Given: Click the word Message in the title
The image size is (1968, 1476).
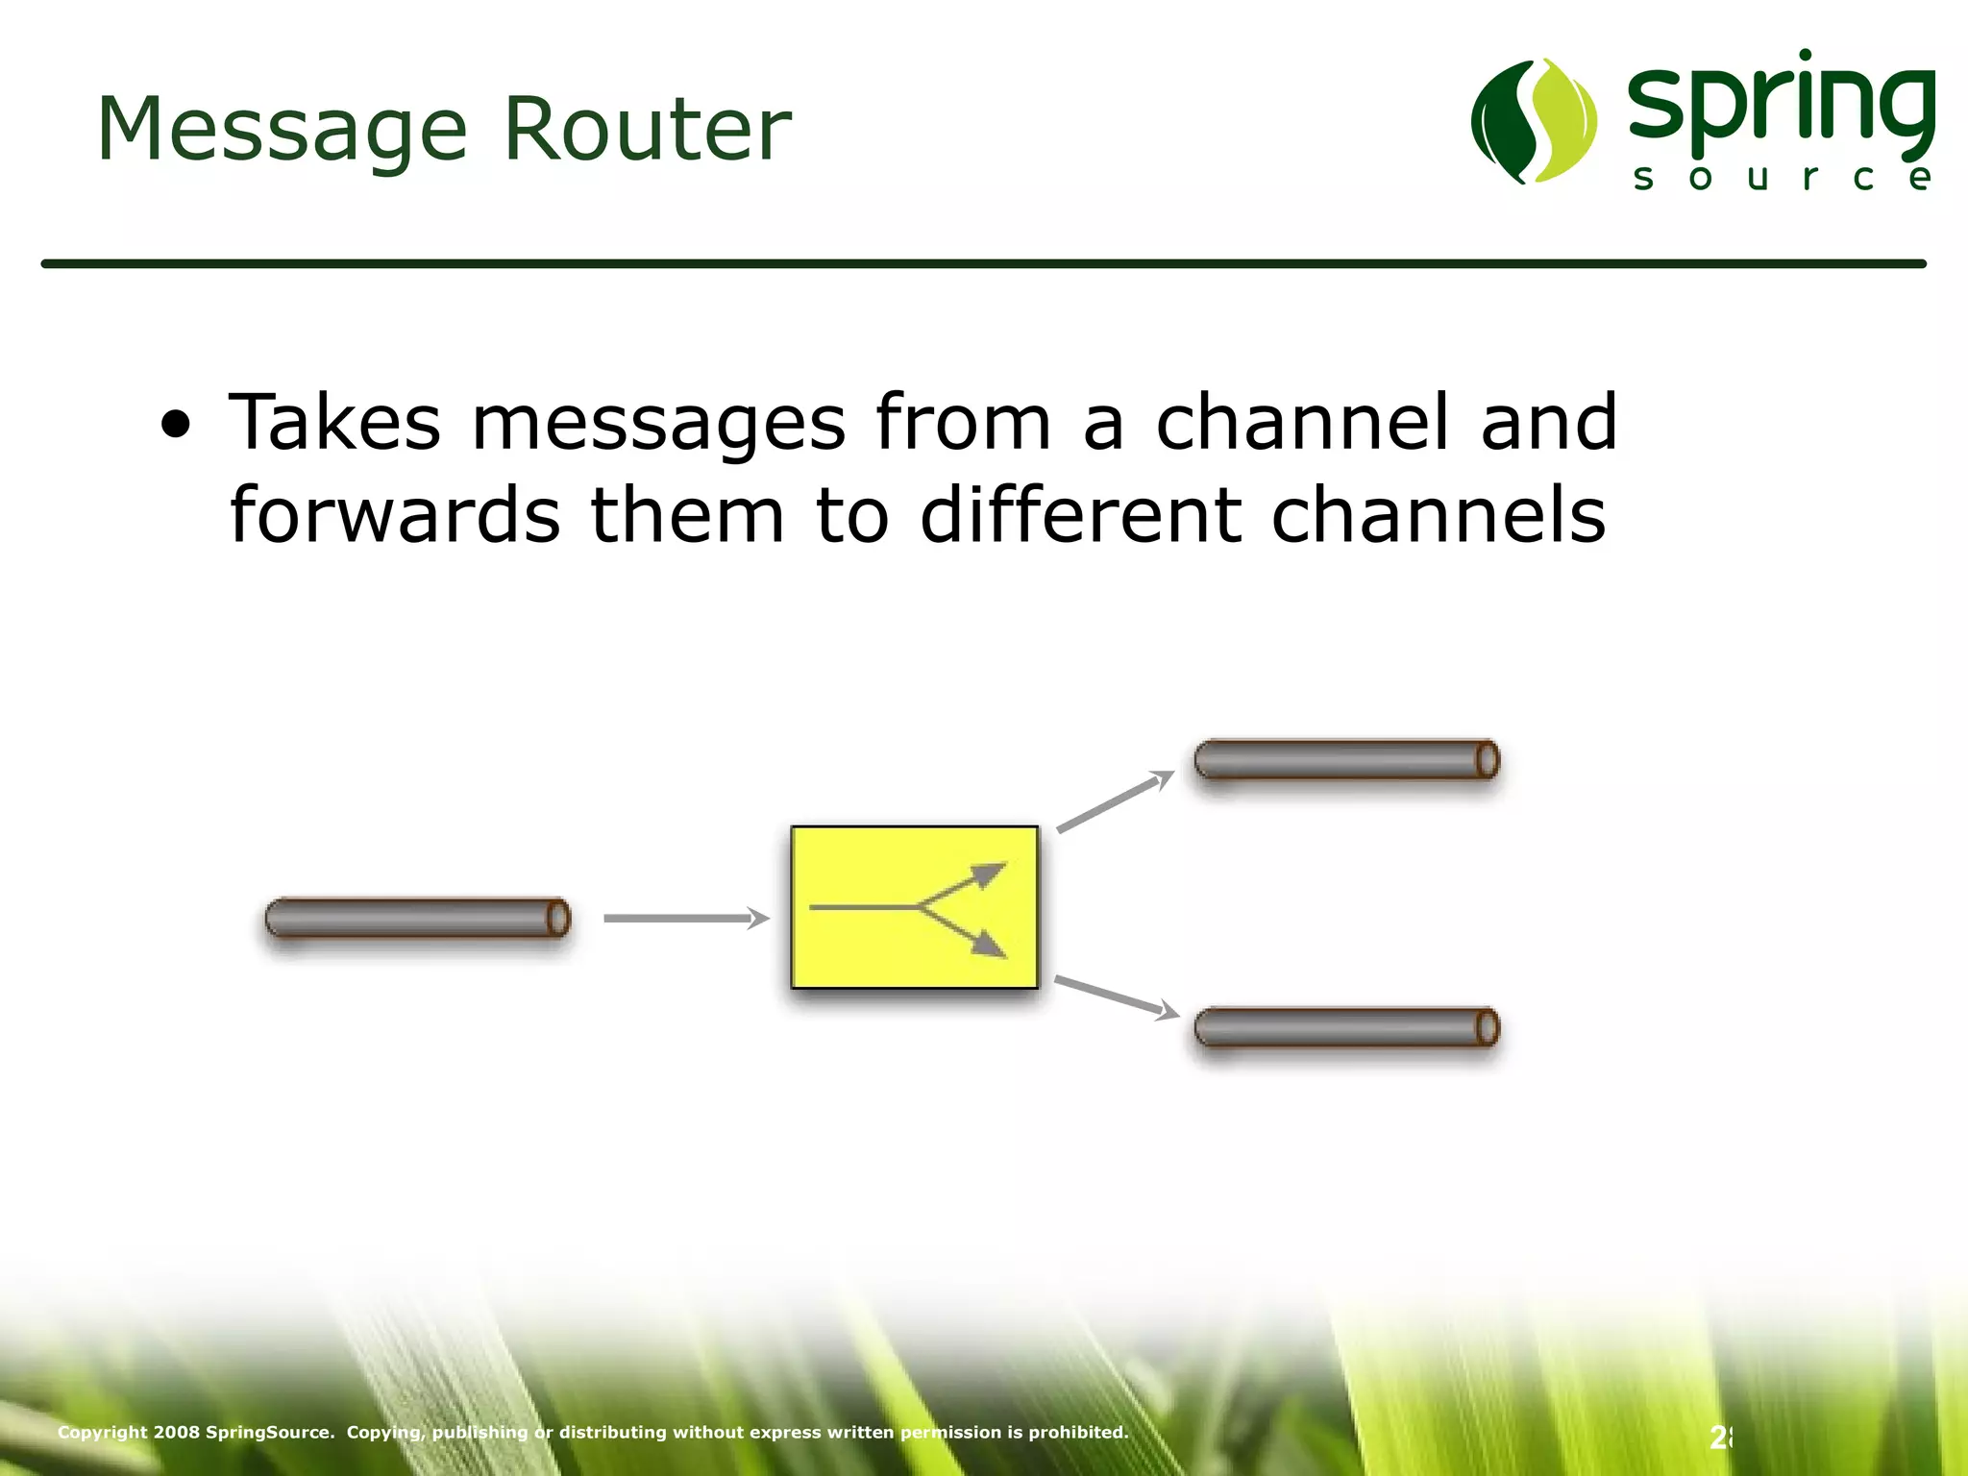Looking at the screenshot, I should [x=282, y=131].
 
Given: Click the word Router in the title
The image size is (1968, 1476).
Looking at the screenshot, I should [x=647, y=129].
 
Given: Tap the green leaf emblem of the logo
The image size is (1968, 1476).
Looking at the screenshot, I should [x=1534, y=121].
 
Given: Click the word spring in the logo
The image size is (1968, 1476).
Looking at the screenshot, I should [x=1781, y=106].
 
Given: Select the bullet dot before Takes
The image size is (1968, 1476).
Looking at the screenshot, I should [x=176, y=424].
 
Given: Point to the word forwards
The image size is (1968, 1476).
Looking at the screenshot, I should [x=395, y=515].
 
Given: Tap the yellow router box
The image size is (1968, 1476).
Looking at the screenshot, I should [x=914, y=906].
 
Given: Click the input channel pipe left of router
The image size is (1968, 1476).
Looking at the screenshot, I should [x=417, y=918].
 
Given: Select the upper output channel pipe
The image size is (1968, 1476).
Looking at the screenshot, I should [x=1346, y=759].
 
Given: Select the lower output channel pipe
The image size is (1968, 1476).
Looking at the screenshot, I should [x=1346, y=1027].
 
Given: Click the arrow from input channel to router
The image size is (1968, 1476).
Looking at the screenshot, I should [x=685, y=918].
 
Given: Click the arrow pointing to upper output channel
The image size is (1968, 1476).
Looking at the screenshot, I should [x=1115, y=800].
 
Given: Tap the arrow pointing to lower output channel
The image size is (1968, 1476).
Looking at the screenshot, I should [x=1116, y=996].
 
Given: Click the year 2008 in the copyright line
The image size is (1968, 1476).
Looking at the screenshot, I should [x=177, y=1432].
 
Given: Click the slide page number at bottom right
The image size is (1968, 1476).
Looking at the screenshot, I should [x=1720, y=1438].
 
